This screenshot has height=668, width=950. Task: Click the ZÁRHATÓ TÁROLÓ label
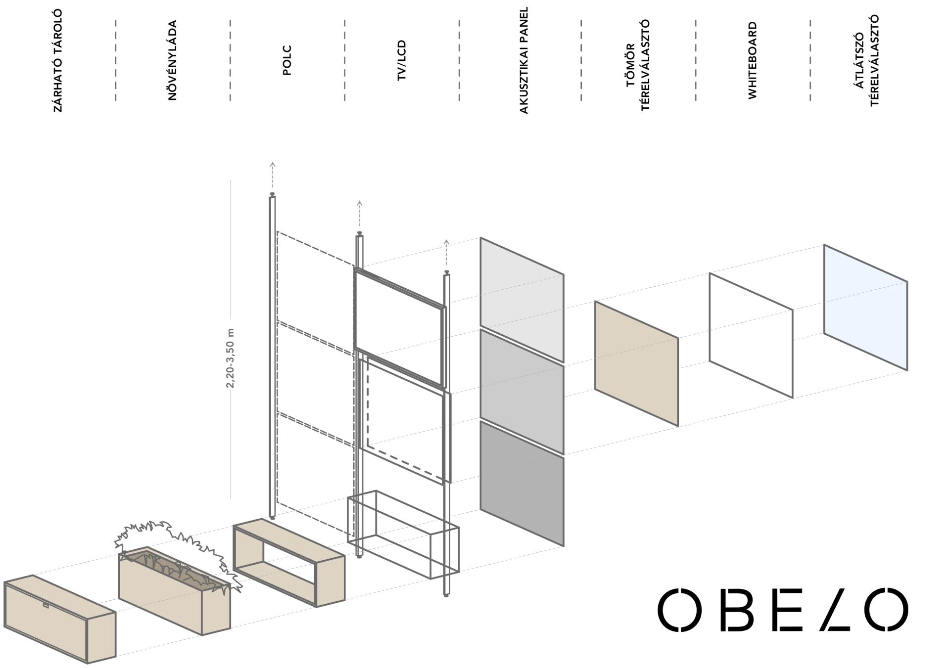(58, 61)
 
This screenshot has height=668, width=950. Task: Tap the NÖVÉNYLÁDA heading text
(172, 60)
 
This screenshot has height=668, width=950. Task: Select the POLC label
(287, 60)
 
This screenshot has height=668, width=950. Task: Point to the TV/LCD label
(401, 60)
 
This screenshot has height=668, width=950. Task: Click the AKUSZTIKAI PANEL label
(524, 60)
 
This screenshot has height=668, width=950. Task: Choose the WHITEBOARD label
(753, 60)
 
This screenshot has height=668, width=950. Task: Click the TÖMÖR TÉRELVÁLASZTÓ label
(638, 65)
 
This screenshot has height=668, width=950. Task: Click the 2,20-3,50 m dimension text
(230, 357)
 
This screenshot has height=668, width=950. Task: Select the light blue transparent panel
(865, 307)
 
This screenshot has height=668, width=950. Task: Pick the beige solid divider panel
(636, 363)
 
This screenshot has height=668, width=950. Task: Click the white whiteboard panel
(751, 335)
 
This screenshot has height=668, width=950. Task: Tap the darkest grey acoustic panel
(522, 484)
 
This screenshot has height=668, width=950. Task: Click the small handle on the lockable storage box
(46, 605)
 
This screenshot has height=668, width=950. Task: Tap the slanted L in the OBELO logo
(835, 609)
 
